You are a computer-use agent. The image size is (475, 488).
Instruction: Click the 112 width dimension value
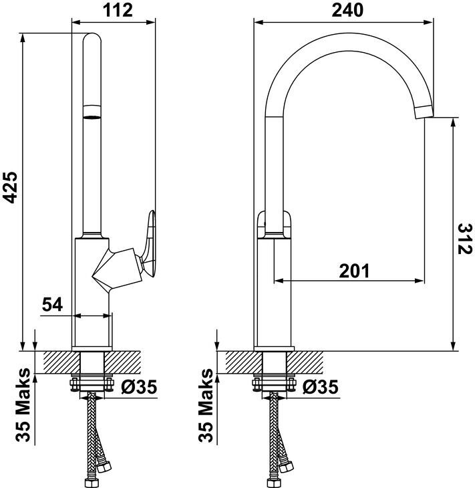click(114, 10)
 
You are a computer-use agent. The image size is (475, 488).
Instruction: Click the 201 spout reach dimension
click(354, 271)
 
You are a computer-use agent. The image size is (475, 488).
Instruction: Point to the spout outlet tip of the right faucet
click(424, 112)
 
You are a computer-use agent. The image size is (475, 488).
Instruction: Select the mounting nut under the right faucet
click(274, 385)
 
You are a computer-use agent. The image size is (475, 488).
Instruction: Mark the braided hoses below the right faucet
click(277, 441)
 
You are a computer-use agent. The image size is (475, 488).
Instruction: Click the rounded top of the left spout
click(92, 40)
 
